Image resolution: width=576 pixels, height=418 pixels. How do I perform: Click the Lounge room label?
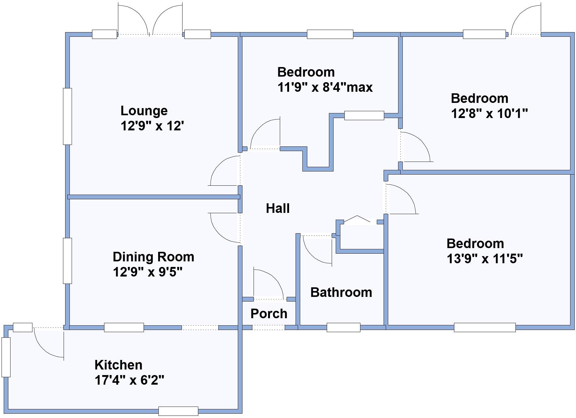point(144,111)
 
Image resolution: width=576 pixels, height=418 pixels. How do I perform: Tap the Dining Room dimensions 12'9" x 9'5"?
point(147,272)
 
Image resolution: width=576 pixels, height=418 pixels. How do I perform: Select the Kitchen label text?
point(118,365)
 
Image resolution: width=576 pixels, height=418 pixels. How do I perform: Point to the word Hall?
point(278,208)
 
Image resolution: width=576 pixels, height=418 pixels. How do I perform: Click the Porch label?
point(269,314)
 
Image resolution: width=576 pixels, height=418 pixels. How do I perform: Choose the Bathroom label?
point(341,292)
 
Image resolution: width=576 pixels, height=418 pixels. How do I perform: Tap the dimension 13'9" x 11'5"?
point(485,259)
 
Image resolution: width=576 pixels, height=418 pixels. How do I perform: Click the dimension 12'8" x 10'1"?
point(489,114)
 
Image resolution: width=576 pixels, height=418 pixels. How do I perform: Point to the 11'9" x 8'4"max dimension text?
point(325,87)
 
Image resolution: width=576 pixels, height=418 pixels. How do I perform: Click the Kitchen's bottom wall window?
point(178,411)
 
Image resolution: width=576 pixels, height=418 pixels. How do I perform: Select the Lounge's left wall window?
point(67,116)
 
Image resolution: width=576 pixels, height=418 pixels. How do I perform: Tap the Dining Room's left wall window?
point(67,260)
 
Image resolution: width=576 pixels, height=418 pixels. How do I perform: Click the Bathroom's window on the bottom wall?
point(343,327)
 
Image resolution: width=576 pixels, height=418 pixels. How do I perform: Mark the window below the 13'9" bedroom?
point(485,327)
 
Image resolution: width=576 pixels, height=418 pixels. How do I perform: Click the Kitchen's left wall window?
point(6,357)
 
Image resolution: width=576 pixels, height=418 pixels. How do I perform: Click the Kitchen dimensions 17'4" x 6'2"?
point(129,380)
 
